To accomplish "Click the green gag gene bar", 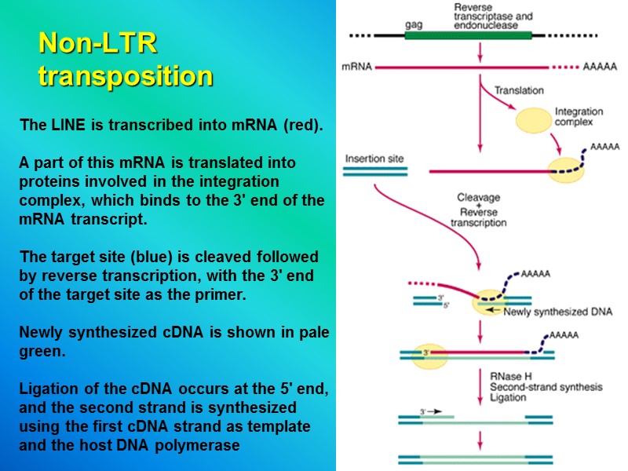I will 468,35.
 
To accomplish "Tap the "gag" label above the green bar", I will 414,24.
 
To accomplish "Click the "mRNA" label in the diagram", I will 357,68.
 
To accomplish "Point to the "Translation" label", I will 519,90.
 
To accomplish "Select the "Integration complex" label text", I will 579,117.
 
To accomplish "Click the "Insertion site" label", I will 374,159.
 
